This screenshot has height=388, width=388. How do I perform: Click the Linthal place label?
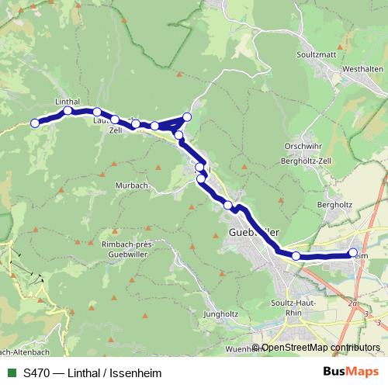[68, 101]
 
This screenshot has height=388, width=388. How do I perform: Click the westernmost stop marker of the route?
[34, 123]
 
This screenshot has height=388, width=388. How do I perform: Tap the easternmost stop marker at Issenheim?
[354, 252]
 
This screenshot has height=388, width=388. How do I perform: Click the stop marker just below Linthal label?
[68, 110]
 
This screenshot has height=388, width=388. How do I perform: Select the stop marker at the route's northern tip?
[187, 117]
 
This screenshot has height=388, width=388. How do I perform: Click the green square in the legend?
[11, 373]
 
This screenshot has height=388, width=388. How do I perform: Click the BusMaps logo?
[350, 372]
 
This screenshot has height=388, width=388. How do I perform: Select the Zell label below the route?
[116, 130]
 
